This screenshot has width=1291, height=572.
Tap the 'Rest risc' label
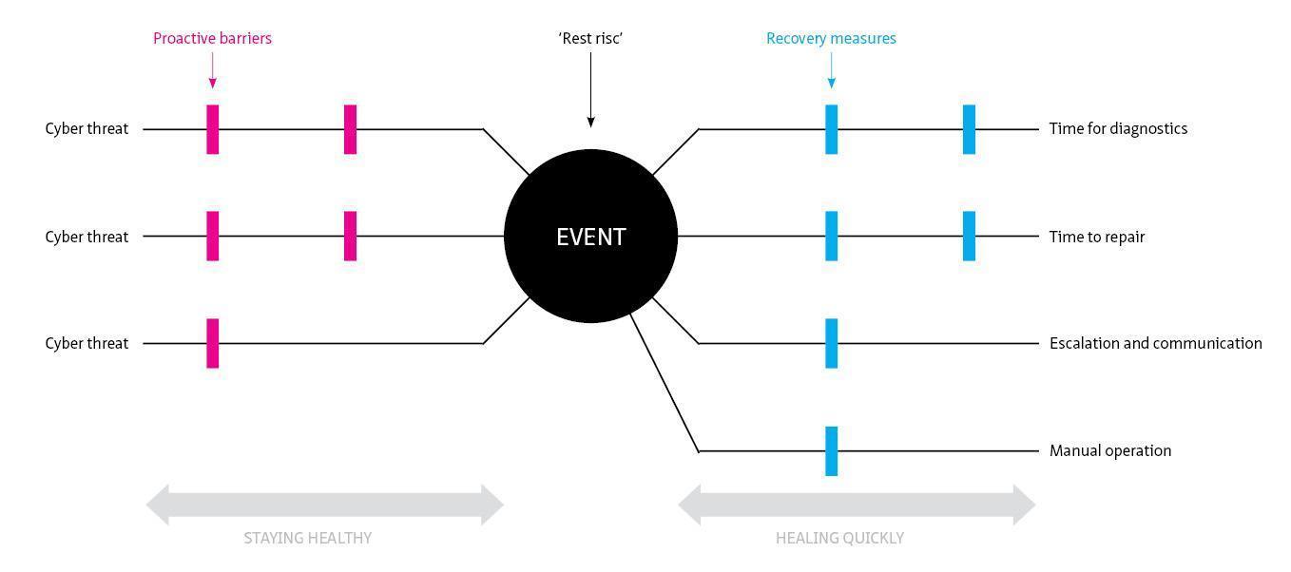click(590, 39)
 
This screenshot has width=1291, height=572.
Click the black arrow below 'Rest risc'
click(590, 90)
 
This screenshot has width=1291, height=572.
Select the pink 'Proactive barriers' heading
click(212, 39)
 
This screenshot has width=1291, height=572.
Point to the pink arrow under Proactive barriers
click(212, 71)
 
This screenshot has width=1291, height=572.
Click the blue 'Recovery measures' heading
click(831, 39)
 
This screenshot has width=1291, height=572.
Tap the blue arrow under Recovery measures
click(831, 71)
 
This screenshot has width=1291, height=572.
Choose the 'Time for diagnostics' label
click(1118, 128)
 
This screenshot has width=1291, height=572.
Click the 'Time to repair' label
click(1097, 237)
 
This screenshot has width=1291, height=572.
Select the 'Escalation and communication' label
click(1155, 343)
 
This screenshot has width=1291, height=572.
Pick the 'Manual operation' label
click(1110, 450)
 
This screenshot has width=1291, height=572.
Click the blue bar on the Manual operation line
click(832, 450)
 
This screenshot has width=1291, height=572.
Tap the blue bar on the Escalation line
click(832, 343)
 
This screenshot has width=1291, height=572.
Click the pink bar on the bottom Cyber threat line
click(213, 343)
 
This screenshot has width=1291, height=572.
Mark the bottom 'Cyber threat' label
click(87, 343)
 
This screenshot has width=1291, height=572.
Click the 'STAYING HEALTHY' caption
click(307, 538)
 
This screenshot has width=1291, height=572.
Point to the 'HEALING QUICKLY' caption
click(839, 538)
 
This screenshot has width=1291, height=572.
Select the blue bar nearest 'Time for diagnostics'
click(969, 129)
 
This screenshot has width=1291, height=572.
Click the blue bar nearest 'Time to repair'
click(969, 236)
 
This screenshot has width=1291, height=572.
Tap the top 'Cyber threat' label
click(87, 128)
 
